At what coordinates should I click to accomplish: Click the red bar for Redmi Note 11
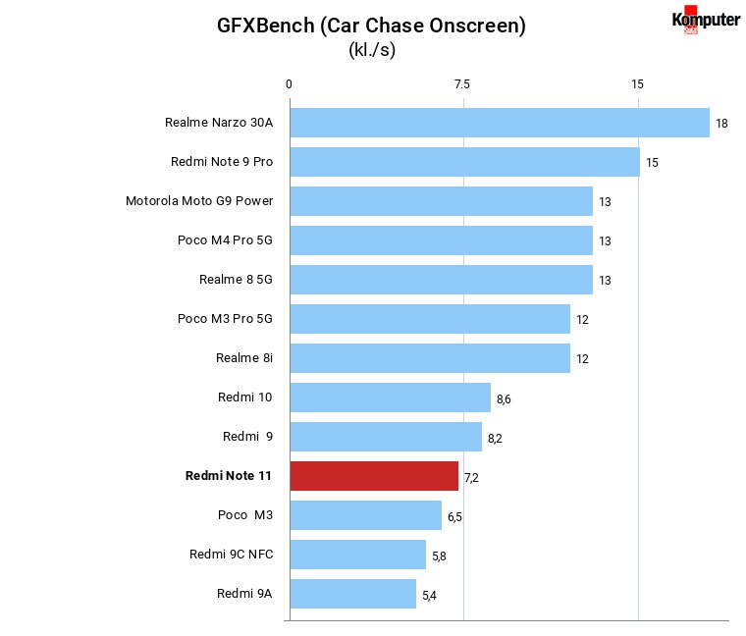tap(374, 476)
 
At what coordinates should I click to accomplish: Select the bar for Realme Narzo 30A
tap(500, 123)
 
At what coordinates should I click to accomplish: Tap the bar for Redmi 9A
tap(353, 594)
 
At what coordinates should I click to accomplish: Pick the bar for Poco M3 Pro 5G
tap(430, 319)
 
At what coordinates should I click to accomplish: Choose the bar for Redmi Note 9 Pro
tap(465, 162)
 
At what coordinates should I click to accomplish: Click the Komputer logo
tap(706, 20)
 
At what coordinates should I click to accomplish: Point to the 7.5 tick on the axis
tap(461, 84)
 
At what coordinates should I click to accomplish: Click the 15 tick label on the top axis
tap(637, 84)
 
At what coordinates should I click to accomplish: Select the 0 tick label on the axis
tap(289, 84)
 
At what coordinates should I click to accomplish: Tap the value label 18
tap(721, 124)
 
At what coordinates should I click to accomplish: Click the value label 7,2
tap(471, 478)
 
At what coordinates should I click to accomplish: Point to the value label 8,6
tap(504, 399)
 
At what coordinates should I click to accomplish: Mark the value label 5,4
tap(429, 596)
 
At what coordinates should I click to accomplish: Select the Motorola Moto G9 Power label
tap(199, 201)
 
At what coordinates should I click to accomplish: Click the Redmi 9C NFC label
tap(232, 555)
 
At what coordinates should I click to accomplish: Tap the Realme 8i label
tap(244, 357)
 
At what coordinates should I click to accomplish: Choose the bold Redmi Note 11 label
tap(229, 476)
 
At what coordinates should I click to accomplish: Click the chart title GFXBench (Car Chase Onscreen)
tap(372, 26)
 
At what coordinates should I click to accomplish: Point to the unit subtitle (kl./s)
tap(372, 49)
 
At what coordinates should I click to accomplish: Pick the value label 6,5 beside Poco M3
tap(454, 517)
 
